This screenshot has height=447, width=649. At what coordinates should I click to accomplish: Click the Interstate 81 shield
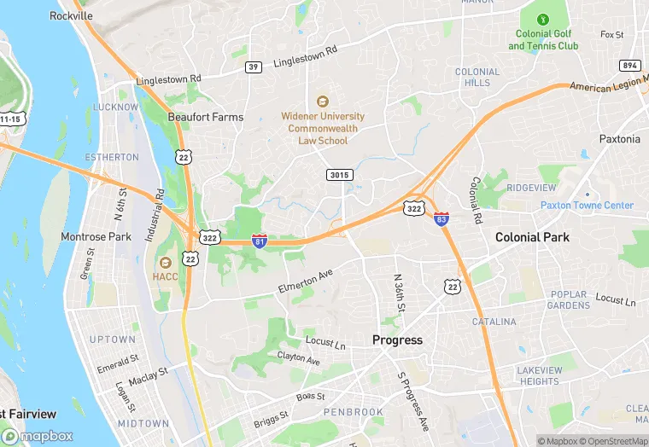260,241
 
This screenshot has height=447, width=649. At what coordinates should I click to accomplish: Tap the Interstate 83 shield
441,219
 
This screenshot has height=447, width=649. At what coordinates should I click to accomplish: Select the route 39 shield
253,67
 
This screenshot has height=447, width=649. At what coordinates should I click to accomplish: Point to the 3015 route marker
339,175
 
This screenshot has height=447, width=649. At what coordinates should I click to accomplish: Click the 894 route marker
630,66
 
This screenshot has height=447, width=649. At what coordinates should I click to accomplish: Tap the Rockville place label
71,16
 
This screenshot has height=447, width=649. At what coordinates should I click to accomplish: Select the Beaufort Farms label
205,117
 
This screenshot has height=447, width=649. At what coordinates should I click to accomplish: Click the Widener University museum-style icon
323,101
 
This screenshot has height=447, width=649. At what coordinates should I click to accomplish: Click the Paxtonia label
619,139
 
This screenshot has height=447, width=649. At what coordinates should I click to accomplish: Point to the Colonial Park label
532,237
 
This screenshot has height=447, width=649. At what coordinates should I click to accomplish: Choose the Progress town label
397,340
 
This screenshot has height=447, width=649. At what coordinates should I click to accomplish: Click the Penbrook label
354,412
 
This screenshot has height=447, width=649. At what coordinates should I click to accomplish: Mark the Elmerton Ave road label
305,282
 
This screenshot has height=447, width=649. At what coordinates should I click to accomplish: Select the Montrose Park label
96,236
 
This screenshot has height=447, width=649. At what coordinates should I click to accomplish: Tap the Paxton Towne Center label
587,206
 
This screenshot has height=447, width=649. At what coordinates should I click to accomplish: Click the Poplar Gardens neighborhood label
568,300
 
